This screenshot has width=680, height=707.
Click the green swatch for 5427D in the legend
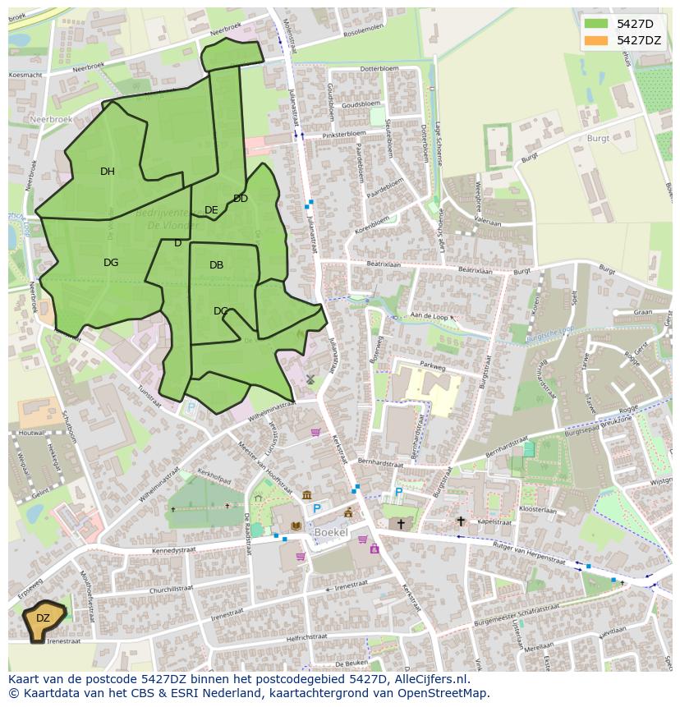(x=596, y=24)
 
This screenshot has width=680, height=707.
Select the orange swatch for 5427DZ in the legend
(x=596, y=40)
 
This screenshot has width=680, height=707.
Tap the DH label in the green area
(x=108, y=172)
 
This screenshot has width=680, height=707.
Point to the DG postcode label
(x=111, y=263)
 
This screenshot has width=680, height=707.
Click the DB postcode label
(x=216, y=265)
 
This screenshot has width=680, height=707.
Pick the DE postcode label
(x=211, y=210)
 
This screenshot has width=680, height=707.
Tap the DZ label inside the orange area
(x=43, y=618)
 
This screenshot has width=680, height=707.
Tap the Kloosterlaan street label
(x=538, y=510)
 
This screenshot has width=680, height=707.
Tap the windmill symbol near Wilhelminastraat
(x=310, y=379)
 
